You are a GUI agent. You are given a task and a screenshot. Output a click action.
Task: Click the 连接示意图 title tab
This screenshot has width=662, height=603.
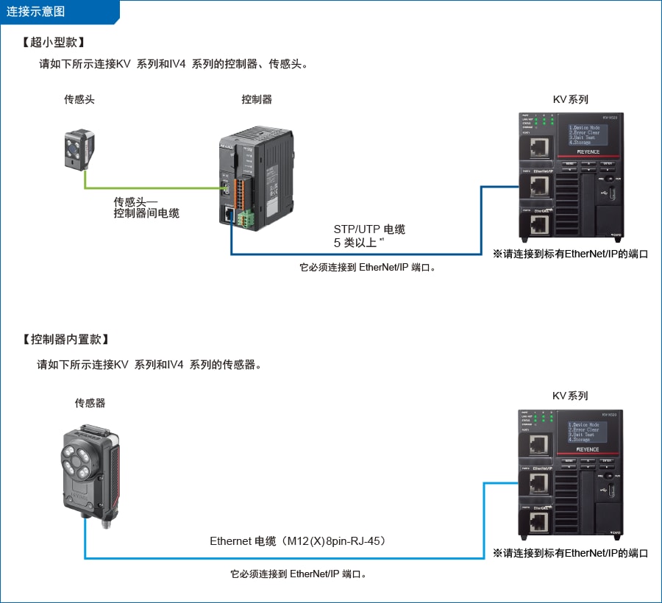[37, 11]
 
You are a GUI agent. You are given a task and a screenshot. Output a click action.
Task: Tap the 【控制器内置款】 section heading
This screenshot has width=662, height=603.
[67, 339]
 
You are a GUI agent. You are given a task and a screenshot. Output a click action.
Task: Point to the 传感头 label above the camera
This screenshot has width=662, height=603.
[79, 99]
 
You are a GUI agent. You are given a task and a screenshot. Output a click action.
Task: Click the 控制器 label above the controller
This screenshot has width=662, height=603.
[257, 99]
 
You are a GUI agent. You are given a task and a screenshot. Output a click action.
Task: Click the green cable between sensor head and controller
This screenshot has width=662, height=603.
[147, 188]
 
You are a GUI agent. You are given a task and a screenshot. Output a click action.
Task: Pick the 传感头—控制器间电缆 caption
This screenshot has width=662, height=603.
[146, 207]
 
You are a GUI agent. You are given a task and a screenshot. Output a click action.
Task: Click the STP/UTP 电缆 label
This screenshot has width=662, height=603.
[369, 229]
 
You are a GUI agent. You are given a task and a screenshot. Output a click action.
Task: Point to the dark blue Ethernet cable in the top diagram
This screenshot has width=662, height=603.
[353, 254]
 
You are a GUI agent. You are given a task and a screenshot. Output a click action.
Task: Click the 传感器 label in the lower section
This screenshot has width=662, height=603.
[90, 403]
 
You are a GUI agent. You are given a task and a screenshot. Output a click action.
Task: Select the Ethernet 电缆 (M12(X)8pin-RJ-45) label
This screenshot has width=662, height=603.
[298, 541]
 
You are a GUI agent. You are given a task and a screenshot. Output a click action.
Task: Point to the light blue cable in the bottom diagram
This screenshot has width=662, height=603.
[294, 558]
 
